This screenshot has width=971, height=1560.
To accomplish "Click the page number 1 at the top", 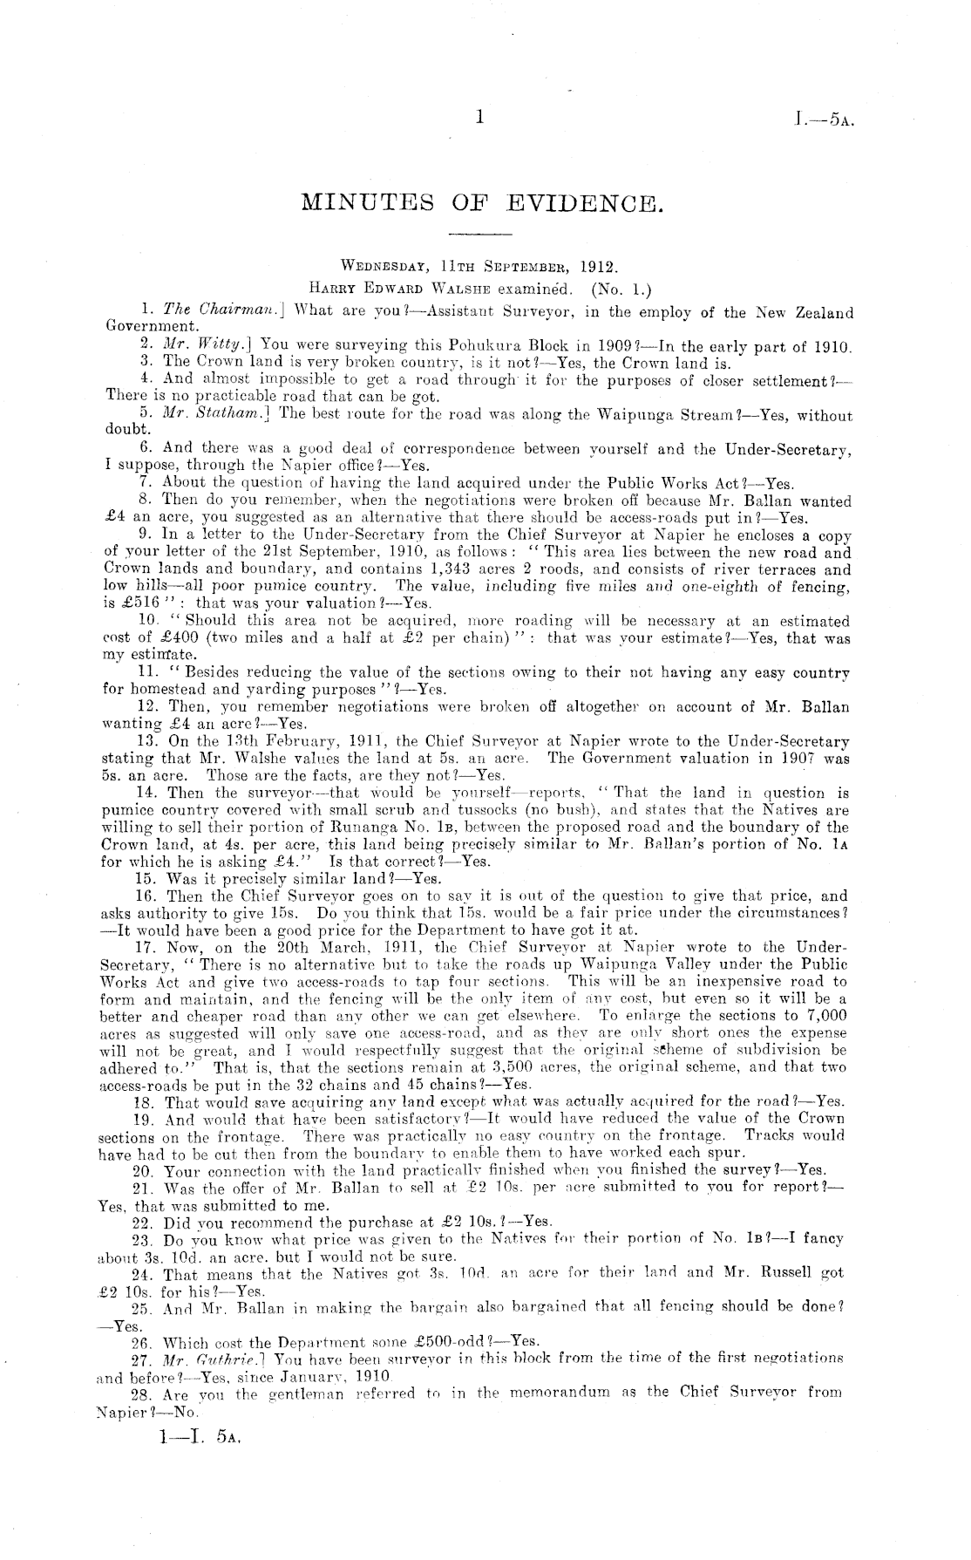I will (x=479, y=117).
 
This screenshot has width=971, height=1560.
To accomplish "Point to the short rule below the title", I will (x=479, y=235).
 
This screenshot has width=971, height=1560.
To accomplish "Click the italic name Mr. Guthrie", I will (x=208, y=1360).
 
